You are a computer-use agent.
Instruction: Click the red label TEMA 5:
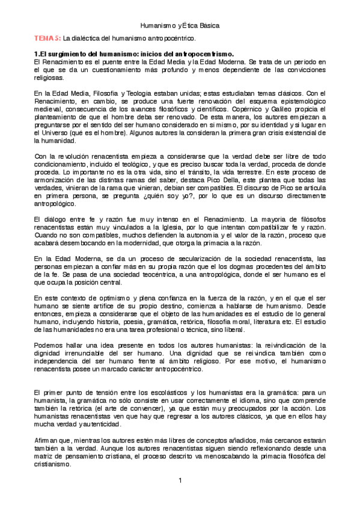[47, 38]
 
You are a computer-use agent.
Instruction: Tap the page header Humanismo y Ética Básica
[180, 26]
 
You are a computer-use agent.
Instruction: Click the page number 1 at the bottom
[180, 480]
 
